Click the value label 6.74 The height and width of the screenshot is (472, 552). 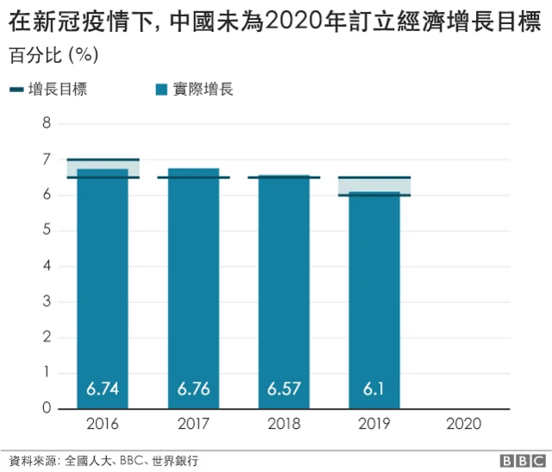click(x=103, y=389)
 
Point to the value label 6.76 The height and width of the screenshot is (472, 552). click(x=193, y=389)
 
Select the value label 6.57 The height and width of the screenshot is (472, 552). click(x=284, y=389)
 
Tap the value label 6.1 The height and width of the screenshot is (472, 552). click(x=373, y=389)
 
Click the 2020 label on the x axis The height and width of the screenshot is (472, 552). click(x=464, y=424)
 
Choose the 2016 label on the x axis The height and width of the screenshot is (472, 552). click(x=103, y=424)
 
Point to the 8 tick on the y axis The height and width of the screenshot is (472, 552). click(x=47, y=124)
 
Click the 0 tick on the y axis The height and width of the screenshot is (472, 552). click(x=47, y=408)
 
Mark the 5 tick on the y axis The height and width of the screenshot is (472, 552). click(x=47, y=231)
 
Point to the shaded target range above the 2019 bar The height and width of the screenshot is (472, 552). click(x=373, y=185)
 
